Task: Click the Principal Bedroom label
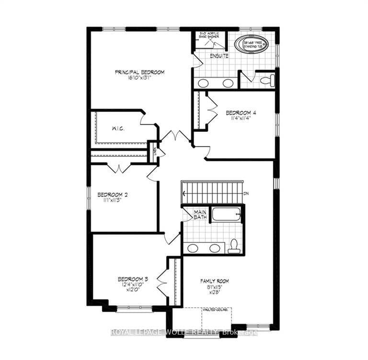coord(139,72)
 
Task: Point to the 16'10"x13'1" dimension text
coord(139,78)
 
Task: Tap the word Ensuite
coord(218,56)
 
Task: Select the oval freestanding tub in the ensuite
coord(251,45)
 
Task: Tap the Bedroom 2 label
coord(112,195)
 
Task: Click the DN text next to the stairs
coord(246,194)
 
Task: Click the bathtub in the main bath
coord(226,214)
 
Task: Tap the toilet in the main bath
coord(234,245)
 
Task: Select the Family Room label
coord(214,281)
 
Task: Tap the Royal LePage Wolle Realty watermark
coord(184,332)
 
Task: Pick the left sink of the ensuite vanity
coord(203,83)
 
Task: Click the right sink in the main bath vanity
coord(215,248)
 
